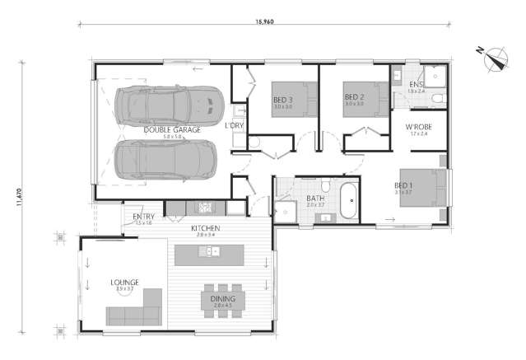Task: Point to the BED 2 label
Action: [x=354, y=98]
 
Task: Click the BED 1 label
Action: [x=403, y=185]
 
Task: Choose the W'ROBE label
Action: [x=419, y=128]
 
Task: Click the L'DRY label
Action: [x=235, y=125]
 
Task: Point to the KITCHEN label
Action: [x=205, y=227]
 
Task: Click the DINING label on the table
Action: [x=223, y=299]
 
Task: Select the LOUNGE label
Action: [x=124, y=282]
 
